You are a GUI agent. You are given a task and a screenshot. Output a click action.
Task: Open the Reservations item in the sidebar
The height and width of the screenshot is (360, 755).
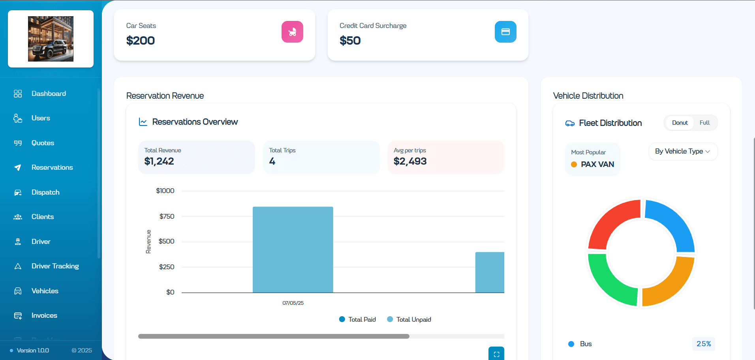(52, 167)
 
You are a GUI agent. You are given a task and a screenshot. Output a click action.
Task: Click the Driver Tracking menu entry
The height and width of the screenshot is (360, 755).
(55, 266)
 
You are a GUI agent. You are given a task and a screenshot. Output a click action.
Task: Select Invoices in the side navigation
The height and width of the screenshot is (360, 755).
(44, 315)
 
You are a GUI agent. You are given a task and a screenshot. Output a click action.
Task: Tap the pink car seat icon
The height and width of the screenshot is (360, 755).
(292, 32)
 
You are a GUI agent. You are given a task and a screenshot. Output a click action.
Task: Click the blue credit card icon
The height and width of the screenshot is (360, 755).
(505, 32)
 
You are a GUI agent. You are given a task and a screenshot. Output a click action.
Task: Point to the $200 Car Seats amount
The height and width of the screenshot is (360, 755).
(140, 41)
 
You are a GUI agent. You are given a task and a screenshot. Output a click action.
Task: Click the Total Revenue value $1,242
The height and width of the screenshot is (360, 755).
(159, 161)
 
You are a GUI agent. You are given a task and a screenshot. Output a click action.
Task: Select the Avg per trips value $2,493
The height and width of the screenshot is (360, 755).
(410, 161)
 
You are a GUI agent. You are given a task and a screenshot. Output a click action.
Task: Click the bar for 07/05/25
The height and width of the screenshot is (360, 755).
(293, 249)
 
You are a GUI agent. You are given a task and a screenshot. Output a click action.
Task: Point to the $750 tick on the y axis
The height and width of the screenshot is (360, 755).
(167, 216)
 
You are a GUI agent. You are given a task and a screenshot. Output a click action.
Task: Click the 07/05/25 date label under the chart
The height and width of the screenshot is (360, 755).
(293, 303)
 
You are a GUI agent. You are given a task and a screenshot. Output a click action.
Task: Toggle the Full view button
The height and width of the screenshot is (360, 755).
(704, 123)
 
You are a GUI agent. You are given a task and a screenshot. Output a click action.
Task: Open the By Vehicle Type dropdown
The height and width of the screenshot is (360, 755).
(682, 152)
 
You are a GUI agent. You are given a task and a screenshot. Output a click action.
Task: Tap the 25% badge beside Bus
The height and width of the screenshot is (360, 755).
(703, 344)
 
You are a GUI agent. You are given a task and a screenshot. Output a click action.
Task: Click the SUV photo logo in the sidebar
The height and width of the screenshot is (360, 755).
(51, 39)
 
